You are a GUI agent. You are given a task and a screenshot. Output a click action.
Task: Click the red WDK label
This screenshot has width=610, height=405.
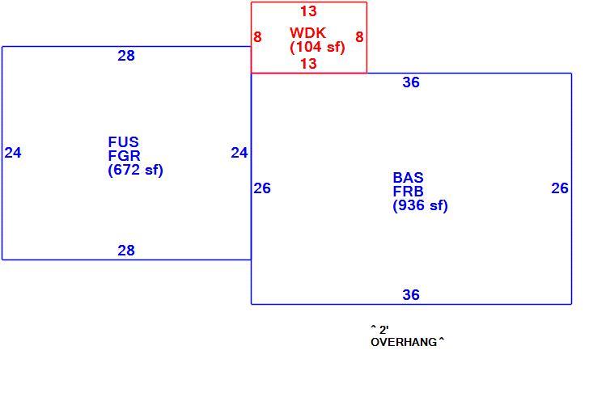[307, 32]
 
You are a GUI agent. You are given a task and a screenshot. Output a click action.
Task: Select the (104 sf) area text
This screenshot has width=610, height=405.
[317, 47]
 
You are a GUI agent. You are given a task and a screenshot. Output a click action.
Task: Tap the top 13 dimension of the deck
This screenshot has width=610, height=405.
[308, 11]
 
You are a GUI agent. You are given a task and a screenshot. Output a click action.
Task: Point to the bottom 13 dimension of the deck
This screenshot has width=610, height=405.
[308, 63]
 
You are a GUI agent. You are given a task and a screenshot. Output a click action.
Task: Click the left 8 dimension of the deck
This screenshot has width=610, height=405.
[257, 37]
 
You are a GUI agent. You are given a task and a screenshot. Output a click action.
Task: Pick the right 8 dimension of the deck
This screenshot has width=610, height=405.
[359, 37]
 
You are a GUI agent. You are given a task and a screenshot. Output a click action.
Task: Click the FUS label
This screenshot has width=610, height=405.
[123, 141]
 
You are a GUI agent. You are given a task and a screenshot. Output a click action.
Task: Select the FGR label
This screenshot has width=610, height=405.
[124, 155]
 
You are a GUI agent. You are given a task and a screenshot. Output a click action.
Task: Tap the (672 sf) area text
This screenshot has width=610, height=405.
[135, 170]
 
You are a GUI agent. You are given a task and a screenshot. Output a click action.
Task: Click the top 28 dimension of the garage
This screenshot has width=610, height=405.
[126, 56]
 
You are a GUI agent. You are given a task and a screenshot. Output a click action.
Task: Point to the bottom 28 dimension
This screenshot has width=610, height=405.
[126, 251]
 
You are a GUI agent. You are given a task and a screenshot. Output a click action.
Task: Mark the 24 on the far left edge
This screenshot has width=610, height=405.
[13, 153]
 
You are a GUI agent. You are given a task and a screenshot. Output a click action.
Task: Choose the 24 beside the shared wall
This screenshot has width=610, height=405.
[239, 153]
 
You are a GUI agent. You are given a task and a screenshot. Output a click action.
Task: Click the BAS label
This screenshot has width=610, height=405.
[408, 178]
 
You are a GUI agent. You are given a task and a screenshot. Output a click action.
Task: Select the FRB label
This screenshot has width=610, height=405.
[408, 192]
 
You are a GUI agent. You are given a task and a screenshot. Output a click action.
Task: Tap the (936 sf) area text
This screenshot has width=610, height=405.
[420, 205]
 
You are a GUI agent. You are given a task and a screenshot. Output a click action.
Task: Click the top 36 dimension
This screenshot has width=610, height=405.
[411, 82]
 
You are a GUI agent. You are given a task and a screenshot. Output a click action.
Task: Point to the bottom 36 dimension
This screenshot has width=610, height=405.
[411, 295]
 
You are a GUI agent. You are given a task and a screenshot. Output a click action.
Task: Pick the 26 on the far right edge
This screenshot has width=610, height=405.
[560, 188]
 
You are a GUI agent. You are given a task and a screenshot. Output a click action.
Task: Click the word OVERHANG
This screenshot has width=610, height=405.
[404, 343]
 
